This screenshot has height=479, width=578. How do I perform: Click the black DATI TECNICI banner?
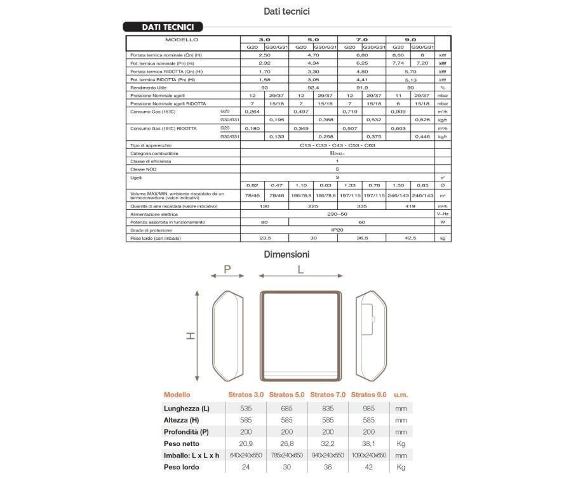(x=163, y=27)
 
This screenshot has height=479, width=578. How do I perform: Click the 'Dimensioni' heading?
(x=287, y=254)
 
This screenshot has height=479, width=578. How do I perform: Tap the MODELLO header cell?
(x=182, y=40)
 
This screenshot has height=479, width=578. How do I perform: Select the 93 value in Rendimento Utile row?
(x=264, y=88)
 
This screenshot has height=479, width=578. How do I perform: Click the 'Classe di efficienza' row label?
(x=151, y=161)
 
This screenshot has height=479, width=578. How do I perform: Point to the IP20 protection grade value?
(x=337, y=230)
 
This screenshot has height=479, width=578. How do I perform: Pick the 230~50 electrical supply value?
(x=337, y=214)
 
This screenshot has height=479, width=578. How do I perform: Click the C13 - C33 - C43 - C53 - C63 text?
(x=337, y=146)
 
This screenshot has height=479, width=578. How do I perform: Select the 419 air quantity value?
(x=410, y=207)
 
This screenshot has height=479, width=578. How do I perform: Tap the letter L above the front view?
(x=300, y=270)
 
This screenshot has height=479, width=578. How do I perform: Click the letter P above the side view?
(x=228, y=270)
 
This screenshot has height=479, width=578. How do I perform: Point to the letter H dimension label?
(x=191, y=335)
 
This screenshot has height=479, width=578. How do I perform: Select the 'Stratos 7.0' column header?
(x=328, y=395)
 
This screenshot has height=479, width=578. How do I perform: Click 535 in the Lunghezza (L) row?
(x=245, y=409)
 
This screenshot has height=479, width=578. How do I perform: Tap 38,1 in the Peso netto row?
(x=368, y=443)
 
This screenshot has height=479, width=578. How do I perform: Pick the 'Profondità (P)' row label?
(x=186, y=432)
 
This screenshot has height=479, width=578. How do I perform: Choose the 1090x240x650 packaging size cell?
(x=368, y=456)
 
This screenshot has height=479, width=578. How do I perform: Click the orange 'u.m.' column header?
(x=401, y=395)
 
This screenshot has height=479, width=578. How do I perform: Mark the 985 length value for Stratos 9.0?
(x=368, y=409)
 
